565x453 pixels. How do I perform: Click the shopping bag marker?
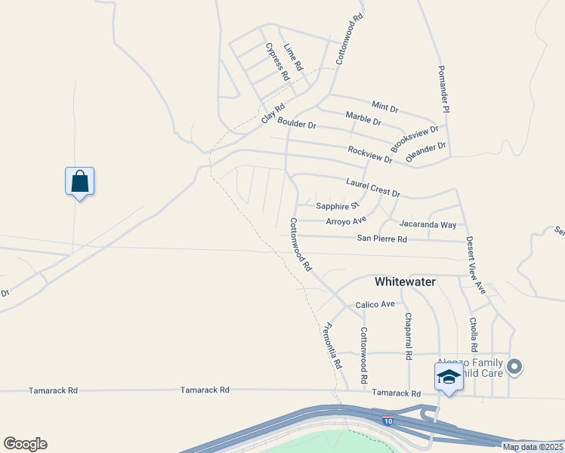[79, 182]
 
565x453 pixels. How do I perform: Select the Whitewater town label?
[406, 282]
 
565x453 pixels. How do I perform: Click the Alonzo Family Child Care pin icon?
[515, 367]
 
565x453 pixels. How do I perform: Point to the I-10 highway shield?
[387, 421]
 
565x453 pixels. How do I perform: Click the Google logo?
[25, 444]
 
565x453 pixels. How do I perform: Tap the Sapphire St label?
[337, 205]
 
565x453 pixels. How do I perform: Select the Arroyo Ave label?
[346, 220]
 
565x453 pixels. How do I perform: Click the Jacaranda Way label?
[428, 224]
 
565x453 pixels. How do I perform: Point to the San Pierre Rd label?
[381, 239]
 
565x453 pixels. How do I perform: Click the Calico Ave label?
[375, 304]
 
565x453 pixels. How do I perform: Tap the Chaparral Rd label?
[408, 335]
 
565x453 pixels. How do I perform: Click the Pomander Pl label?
[443, 89]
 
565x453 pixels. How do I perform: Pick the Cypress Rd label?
[277, 62]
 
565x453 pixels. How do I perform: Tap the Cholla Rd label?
[474, 334]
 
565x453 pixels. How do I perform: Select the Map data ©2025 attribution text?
[532, 447]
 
